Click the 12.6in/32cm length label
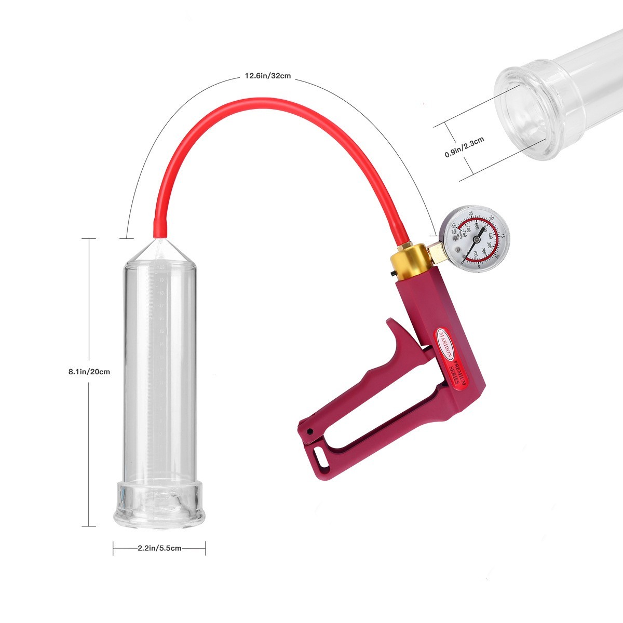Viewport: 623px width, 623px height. pyautogui.click(x=267, y=76)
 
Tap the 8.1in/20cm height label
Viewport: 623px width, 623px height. pyautogui.click(x=89, y=372)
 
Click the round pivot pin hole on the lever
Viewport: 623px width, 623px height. pyautogui.click(x=310, y=431)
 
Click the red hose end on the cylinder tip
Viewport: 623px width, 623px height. pyautogui.click(x=160, y=227)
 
